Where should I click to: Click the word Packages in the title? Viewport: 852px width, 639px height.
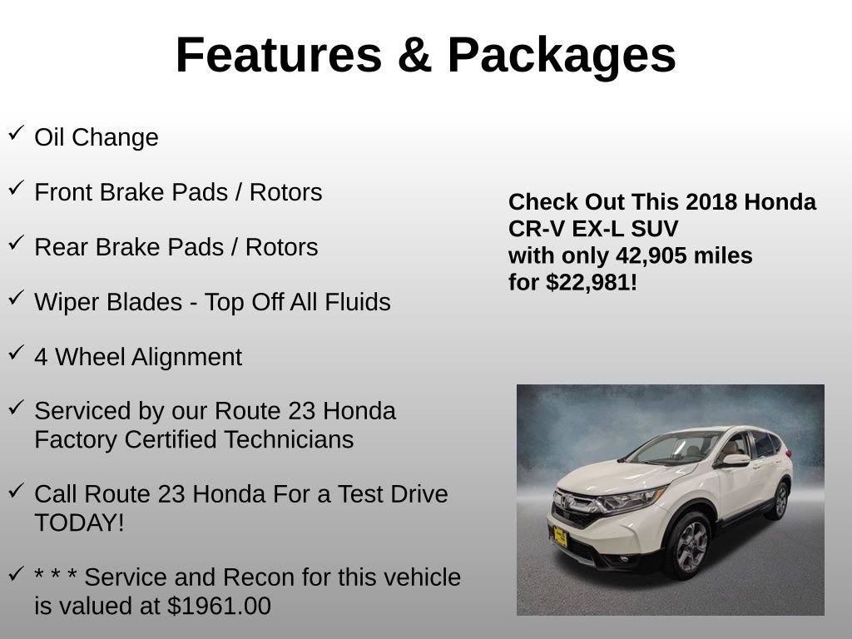pos(562,55)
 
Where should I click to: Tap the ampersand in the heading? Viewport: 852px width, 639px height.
pos(414,55)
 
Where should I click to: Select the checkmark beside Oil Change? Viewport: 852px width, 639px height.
pos(16,133)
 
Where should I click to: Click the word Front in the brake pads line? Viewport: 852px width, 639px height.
pos(63,192)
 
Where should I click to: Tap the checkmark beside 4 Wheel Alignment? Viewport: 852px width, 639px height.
pos(16,353)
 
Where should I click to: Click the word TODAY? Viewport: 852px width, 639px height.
pos(79,523)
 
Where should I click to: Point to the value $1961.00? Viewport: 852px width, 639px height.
pos(219,606)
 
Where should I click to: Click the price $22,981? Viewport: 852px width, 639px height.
pos(592,282)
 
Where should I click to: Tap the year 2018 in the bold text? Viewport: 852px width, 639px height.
pos(711,202)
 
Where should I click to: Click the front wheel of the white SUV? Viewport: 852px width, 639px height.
pos(686,545)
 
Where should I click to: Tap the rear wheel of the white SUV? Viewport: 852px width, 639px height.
pos(780,500)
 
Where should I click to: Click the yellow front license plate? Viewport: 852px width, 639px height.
pos(560,537)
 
